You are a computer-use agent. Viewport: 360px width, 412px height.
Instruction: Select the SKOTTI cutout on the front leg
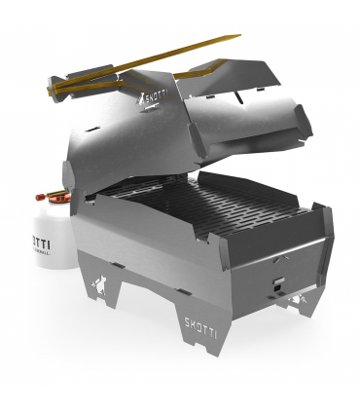pos(201,323)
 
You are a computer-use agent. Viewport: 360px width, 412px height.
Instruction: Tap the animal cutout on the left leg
pos(98,285)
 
